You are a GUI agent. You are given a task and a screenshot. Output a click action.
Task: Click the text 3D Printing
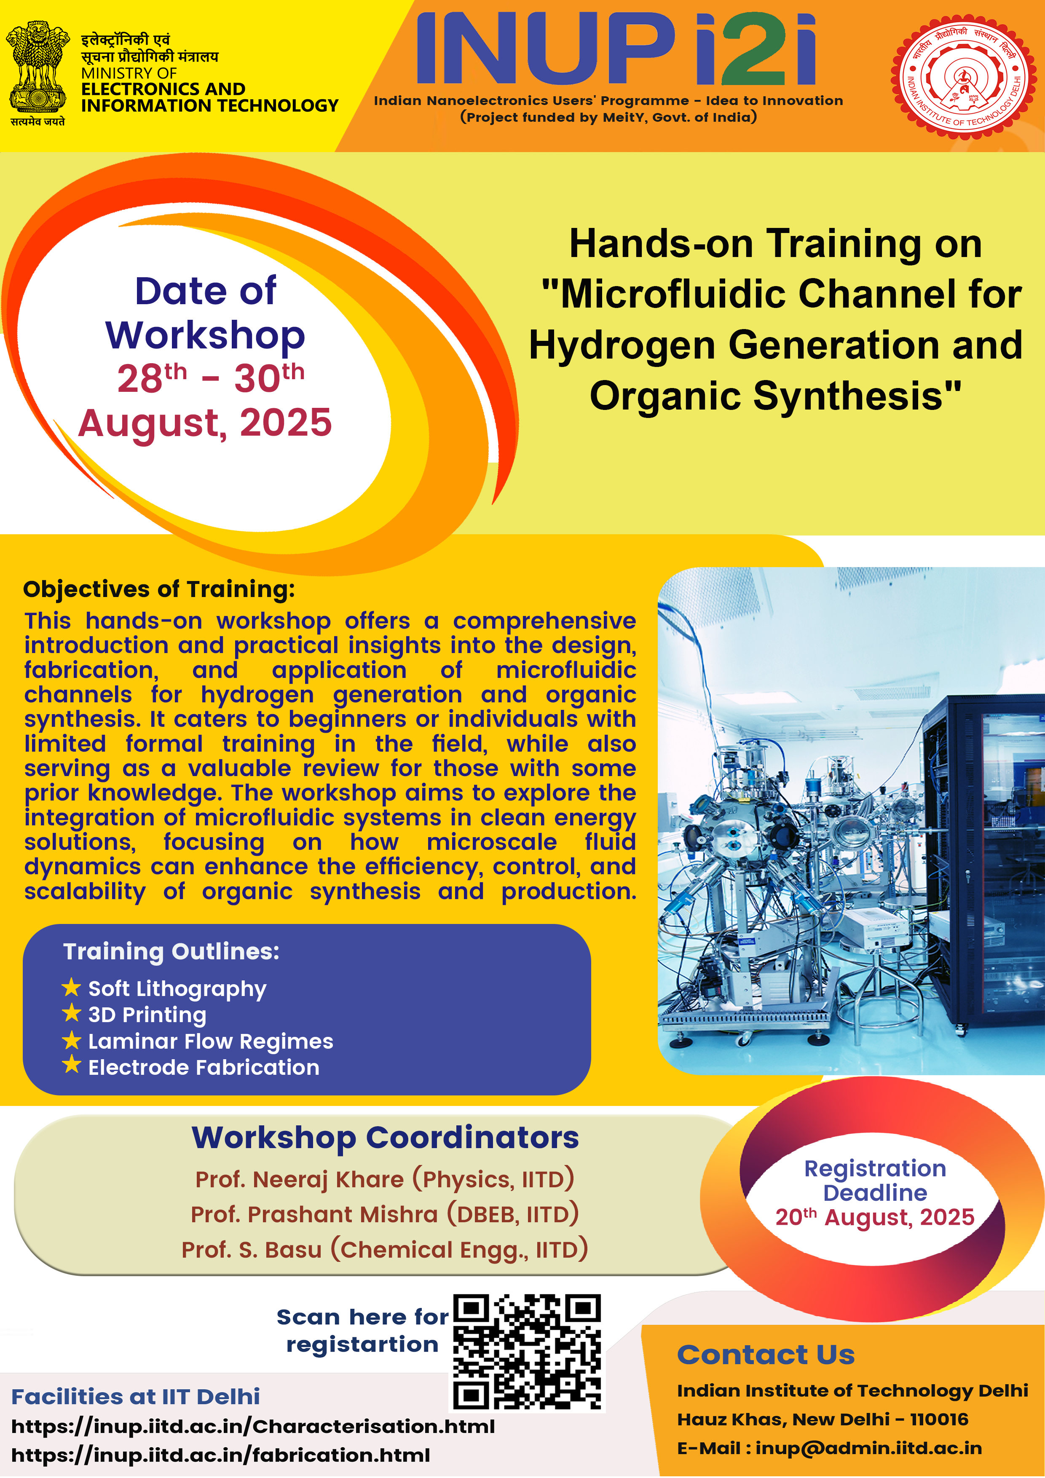pyautogui.click(x=147, y=1015)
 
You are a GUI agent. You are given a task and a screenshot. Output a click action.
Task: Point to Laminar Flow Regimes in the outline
pyautogui.click(x=211, y=1041)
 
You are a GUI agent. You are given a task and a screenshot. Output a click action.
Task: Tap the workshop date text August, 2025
pyautogui.click(x=205, y=423)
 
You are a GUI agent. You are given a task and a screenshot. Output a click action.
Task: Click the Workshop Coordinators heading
pyautogui.click(x=385, y=1138)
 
